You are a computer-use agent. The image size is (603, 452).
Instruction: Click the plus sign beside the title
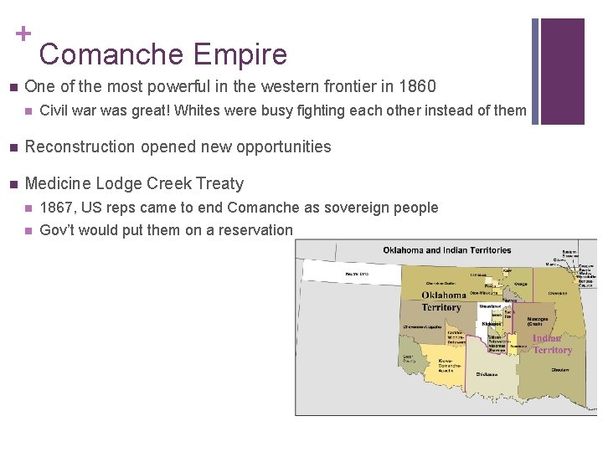click(x=23, y=33)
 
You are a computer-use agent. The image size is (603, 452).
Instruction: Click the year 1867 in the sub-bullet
click(x=56, y=208)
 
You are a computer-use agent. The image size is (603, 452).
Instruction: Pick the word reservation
click(x=255, y=230)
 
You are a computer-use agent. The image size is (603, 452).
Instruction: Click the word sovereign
click(x=342, y=208)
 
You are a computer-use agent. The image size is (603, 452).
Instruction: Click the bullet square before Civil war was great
click(x=28, y=111)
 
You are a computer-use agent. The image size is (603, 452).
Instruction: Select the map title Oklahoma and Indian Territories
click(x=446, y=250)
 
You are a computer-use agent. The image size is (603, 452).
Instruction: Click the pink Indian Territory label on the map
click(x=551, y=344)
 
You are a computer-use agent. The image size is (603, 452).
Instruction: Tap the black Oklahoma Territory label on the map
click(x=443, y=301)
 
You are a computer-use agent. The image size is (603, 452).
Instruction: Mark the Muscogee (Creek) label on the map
click(x=538, y=321)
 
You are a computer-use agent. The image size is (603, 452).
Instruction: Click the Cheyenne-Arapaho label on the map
click(x=424, y=326)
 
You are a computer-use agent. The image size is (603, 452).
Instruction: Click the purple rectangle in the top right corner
click(x=563, y=71)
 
